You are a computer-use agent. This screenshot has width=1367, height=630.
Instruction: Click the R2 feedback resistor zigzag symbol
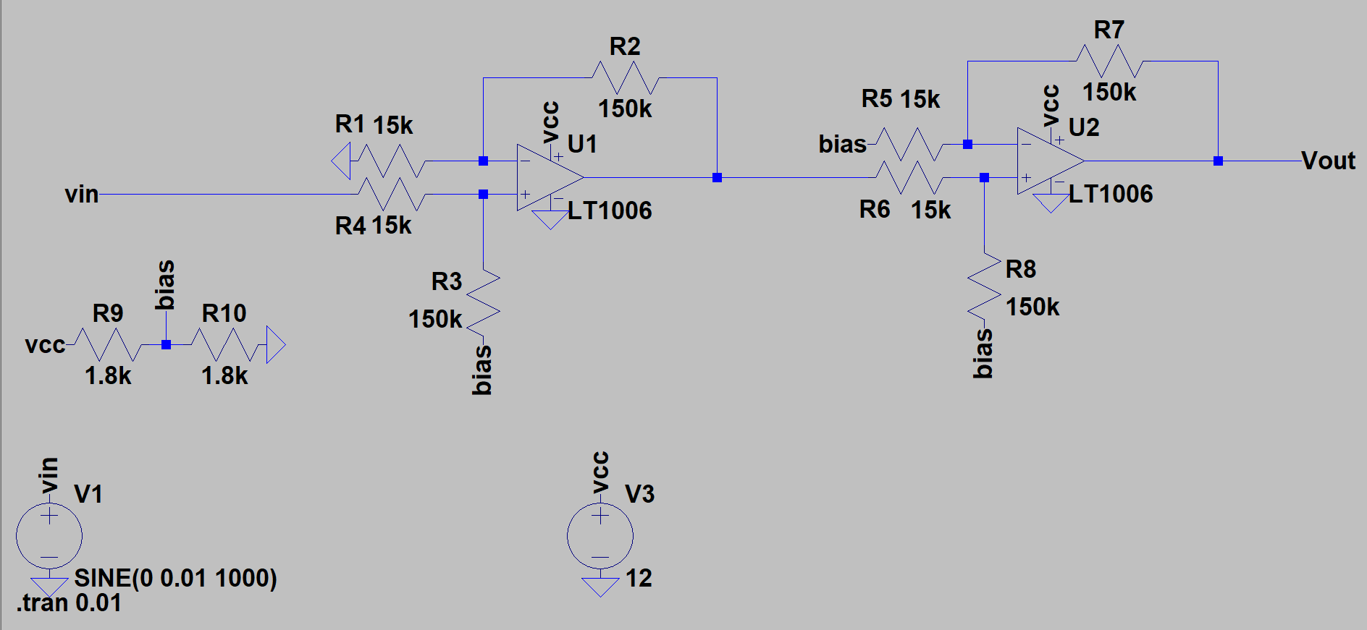[625, 77]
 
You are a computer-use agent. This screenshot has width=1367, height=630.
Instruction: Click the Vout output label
[1328, 161]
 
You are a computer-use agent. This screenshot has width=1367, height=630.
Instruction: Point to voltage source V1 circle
[49, 536]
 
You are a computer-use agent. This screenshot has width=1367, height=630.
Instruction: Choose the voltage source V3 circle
[600, 536]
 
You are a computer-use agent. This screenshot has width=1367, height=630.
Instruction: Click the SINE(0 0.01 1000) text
[175, 578]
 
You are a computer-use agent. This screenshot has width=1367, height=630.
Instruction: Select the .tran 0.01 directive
[70, 603]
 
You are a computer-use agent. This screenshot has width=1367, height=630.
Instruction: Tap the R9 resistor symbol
[108, 345]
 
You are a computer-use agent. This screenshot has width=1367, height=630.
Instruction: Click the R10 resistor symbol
[224, 345]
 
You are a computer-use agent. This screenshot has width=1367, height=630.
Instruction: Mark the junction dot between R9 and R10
[166, 345]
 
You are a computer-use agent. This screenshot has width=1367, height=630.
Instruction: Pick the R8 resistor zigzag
[984, 286]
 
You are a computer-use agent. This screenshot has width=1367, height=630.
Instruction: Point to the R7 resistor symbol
[1109, 61]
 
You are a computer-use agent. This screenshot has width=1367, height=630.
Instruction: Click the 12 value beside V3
[639, 578]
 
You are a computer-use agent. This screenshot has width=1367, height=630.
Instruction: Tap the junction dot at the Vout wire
[1218, 161]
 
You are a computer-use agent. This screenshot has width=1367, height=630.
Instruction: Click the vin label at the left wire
[81, 194]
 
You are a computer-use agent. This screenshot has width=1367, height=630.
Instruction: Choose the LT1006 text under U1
[610, 210]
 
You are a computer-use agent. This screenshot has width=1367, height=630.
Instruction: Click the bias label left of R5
[842, 144]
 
